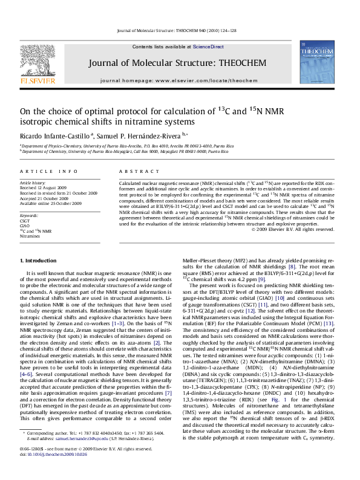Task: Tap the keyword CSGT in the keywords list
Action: pyautogui.click(x=25, y=221)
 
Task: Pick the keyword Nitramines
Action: pyautogui.click(x=30, y=236)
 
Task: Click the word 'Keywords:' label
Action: pyautogui.click(x=30, y=216)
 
